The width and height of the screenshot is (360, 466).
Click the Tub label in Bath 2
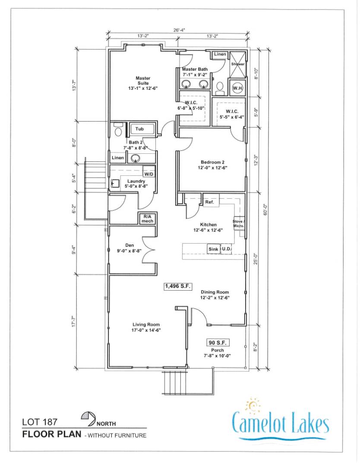point(139,129)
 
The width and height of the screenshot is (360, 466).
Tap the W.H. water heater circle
point(237,88)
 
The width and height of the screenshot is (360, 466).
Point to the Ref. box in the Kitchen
point(210,202)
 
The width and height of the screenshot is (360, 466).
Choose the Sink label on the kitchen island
point(213,249)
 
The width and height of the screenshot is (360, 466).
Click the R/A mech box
point(147,219)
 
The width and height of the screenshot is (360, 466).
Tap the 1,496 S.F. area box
point(177,286)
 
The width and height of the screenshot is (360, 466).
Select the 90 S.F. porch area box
point(218,342)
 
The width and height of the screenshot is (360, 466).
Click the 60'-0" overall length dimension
point(265,209)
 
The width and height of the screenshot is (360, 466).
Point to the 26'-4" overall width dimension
point(179,30)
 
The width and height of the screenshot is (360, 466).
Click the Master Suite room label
point(143,83)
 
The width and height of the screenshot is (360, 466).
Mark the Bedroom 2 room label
point(213,165)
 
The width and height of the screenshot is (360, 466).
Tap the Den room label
point(129,248)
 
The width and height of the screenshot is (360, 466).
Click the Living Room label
point(146,327)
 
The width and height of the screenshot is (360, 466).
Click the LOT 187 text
point(40,422)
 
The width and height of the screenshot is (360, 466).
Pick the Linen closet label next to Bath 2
point(117,158)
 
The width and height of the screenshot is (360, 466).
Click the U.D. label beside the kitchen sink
point(227,249)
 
